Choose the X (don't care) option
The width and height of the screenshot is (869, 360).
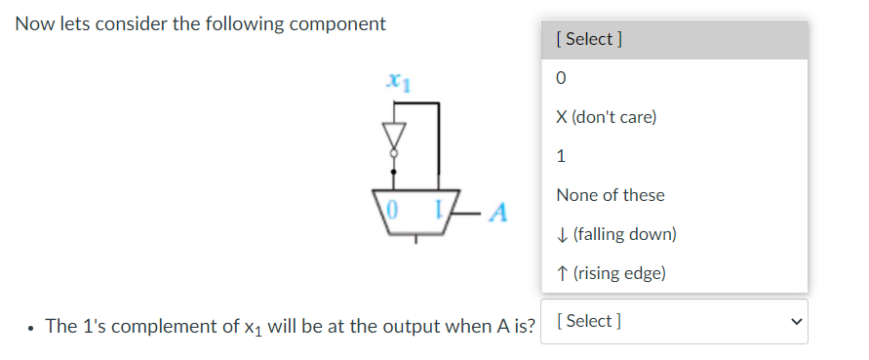point(606,117)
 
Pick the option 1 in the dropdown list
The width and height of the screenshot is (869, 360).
point(561,156)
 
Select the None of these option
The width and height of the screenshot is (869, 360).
point(610,195)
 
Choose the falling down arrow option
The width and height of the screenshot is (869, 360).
point(615,234)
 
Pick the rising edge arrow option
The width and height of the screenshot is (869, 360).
point(611,273)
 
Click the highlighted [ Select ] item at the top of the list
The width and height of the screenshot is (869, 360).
point(588,39)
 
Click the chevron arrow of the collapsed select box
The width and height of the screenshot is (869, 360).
point(796,321)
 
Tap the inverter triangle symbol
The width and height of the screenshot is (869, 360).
point(394,133)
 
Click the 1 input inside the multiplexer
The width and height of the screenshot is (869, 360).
point(440,208)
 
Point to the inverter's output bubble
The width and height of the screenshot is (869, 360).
point(394,152)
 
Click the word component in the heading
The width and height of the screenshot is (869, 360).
point(331,23)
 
